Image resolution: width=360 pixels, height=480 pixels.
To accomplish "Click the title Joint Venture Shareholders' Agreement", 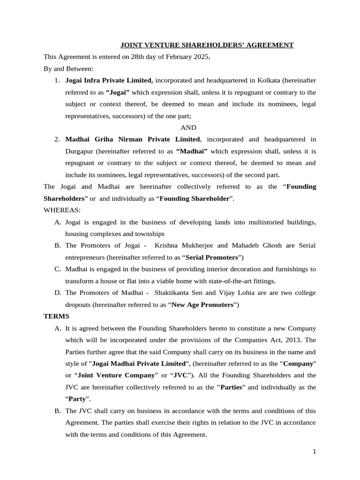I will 207,45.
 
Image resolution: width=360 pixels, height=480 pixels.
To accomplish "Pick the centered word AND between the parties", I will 188,127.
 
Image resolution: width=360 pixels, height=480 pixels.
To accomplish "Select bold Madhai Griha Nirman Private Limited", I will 133,139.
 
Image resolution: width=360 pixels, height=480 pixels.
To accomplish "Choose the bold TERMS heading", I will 56,316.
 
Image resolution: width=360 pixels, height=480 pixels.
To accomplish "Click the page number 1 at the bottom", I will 315,451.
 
